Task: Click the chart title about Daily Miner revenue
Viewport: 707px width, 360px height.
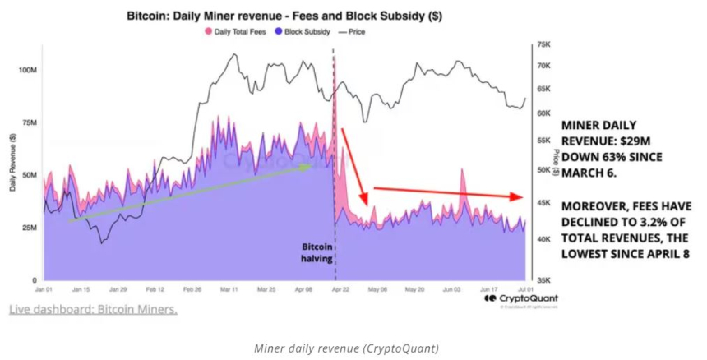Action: click(x=284, y=16)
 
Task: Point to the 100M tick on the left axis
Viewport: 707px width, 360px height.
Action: click(x=27, y=71)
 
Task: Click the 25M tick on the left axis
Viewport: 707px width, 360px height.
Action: click(x=29, y=228)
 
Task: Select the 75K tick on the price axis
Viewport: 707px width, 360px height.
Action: click(x=543, y=45)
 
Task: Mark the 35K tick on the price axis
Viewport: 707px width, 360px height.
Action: click(x=543, y=279)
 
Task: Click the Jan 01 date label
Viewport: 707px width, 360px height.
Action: click(x=44, y=290)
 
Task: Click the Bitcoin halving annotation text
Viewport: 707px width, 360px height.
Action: click(x=317, y=252)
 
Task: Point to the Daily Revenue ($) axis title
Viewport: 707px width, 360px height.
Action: click(x=14, y=160)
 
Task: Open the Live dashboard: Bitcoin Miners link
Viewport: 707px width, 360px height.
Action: click(x=93, y=309)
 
